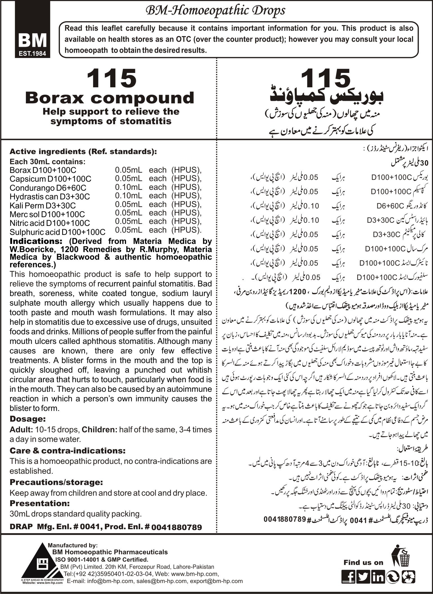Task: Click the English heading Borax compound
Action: click(109, 98)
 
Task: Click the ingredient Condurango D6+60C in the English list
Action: click(48, 188)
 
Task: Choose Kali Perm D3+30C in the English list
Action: click(42, 205)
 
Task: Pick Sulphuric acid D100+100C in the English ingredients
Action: click(57, 232)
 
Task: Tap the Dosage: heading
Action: click(28, 419)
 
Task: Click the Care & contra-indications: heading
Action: click(67, 450)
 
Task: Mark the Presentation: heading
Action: click(39, 503)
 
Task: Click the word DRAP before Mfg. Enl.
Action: click(21, 527)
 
